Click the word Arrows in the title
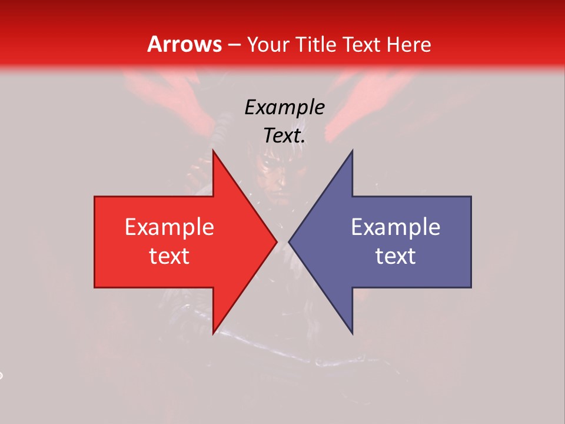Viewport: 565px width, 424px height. coord(184,44)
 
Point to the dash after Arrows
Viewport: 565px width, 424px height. coord(234,45)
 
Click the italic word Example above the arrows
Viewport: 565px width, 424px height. coord(284,107)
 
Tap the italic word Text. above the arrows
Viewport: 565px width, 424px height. coord(284,135)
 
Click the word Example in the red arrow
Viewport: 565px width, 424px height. coord(169,227)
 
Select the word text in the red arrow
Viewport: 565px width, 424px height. coord(169,256)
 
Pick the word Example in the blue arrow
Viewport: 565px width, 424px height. coord(395,227)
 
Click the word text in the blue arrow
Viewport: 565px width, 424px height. coord(395,256)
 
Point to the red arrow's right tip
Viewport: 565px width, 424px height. coord(277,241)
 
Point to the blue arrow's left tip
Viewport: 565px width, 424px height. coord(289,241)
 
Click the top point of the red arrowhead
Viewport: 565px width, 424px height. coord(213,151)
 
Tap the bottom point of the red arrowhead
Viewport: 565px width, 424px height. coord(213,333)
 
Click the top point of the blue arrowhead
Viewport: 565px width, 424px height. coord(352,151)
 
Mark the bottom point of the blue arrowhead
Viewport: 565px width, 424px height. coord(352,333)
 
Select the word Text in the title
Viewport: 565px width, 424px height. coord(360,44)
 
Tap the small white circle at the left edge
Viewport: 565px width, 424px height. coord(1,375)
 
